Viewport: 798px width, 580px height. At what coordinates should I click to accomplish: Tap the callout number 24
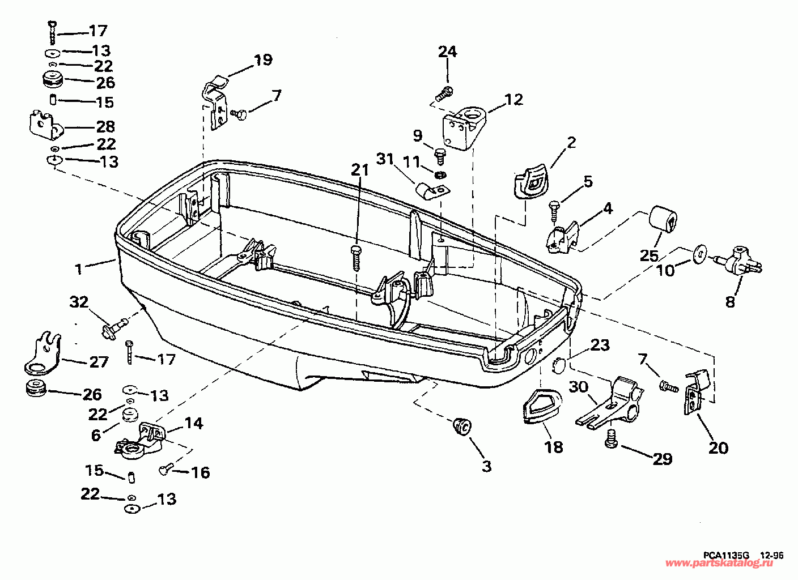[447, 52]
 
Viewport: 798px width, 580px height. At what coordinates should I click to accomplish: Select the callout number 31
[385, 159]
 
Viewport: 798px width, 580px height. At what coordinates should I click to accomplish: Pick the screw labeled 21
[356, 258]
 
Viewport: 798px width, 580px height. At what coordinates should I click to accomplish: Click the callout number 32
[79, 302]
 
